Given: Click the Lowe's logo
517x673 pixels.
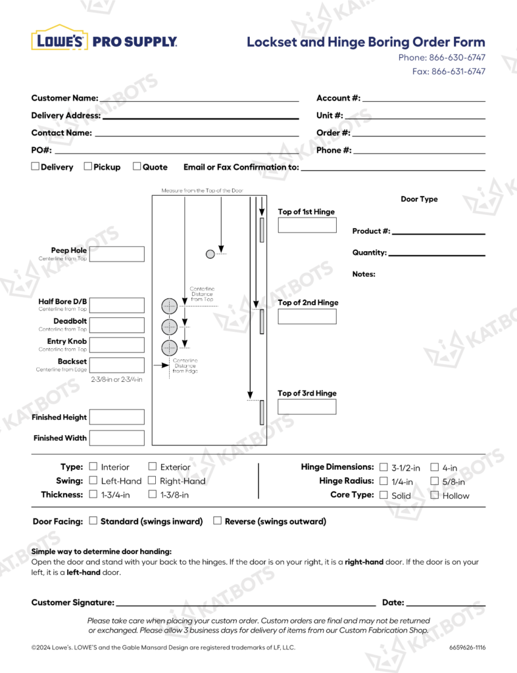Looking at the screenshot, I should tap(59, 39).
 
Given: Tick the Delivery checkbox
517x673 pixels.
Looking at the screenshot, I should tap(36, 167).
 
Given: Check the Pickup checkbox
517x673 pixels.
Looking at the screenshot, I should tap(88, 167).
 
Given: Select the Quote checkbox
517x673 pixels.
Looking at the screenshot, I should tap(137, 167).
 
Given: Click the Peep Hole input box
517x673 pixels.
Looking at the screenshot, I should tap(116, 254).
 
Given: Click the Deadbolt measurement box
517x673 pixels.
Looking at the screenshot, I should tap(116, 325).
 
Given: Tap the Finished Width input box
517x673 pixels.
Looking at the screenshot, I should tap(116, 438).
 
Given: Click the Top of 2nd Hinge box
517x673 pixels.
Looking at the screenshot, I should tap(307, 316).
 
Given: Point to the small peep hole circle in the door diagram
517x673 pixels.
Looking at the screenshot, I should tap(210, 254).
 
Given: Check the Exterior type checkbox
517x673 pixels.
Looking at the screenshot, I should tap(153, 467).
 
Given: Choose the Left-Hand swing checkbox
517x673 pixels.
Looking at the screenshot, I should tap(93, 480).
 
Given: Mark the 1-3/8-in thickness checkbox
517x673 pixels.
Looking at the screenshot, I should tap(153, 494).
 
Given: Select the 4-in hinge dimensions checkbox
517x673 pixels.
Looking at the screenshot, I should tap(435, 467).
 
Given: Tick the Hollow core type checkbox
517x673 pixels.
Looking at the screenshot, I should tap(435, 495).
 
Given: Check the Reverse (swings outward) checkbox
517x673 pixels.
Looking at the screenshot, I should tap(217, 521).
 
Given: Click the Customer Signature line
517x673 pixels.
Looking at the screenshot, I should tap(245, 603).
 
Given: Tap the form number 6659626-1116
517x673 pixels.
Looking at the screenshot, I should tap(467, 647).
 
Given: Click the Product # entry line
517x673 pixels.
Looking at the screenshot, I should tap(438, 232).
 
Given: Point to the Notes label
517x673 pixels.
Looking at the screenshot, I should tap(364, 274).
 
